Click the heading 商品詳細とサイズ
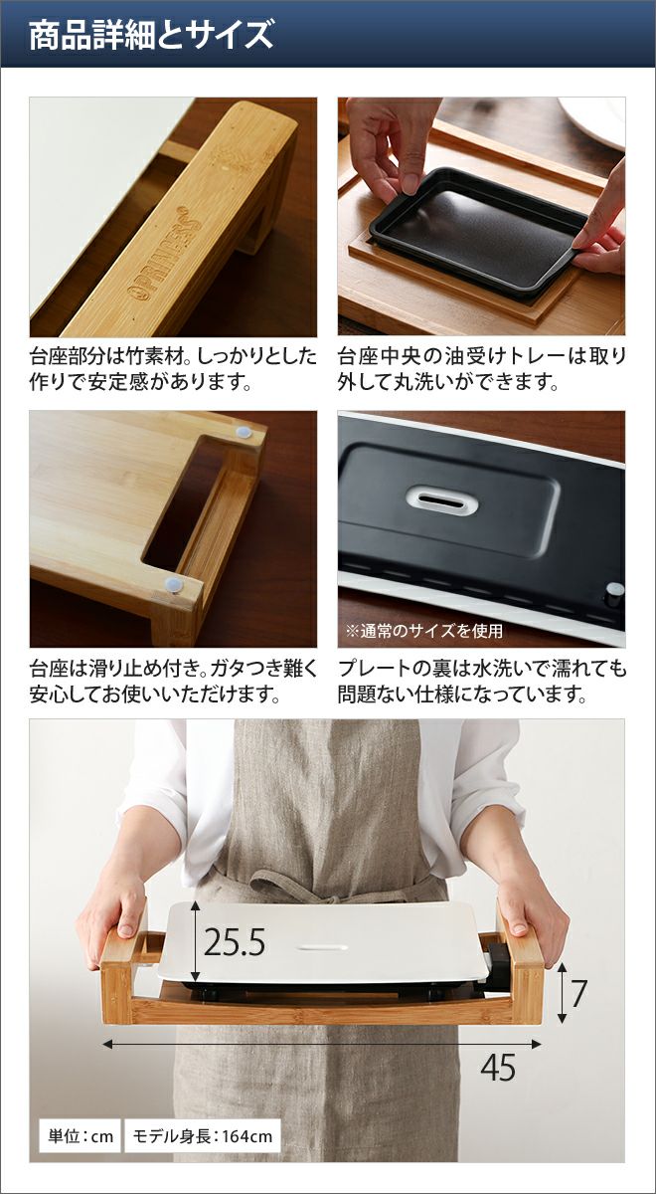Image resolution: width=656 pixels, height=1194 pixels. (x=151, y=35)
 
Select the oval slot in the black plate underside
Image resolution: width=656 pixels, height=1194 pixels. (x=441, y=499)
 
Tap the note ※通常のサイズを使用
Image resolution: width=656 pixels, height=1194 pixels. (x=424, y=631)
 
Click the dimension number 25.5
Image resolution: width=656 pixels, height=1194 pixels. (x=235, y=942)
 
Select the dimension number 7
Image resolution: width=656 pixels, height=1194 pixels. (x=578, y=993)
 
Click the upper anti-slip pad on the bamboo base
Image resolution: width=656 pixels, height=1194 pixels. (x=245, y=431)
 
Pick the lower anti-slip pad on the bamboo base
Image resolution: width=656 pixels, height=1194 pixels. (x=173, y=586)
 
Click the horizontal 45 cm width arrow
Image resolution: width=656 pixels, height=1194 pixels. (x=322, y=1044)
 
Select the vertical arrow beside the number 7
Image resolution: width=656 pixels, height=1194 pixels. (x=562, y=993)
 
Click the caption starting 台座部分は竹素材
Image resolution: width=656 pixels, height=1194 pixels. (x=173, y=369)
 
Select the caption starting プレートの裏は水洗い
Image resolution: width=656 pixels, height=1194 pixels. (x=482, y=682)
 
